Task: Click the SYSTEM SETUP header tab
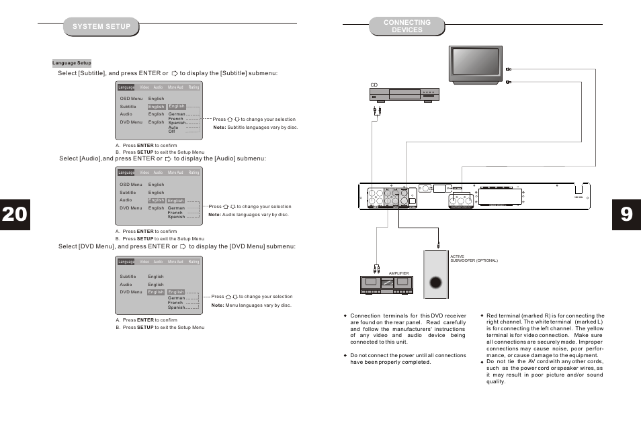tap(101, 27)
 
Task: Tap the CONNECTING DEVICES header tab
tap(407, 26)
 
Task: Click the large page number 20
tap(14, 213)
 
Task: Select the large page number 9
tap(626, 213)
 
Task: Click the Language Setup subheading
tap(72, 63)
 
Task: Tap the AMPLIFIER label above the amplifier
tap(399, 273)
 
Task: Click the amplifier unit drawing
tap(388, 285)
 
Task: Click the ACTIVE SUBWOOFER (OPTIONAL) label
tap(473, 258)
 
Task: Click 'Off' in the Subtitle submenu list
tap(171, 132)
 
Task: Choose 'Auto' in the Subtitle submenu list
tap(173, 128)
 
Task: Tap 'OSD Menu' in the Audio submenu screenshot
tap(132, 185)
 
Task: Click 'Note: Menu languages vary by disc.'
tap(251, 305)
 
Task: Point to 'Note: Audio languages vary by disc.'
tap(248, 215)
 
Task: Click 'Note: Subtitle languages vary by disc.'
tap(255, 128)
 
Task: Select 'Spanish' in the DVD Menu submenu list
tap(176, 307)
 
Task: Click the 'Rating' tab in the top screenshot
tap(194, 87)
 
